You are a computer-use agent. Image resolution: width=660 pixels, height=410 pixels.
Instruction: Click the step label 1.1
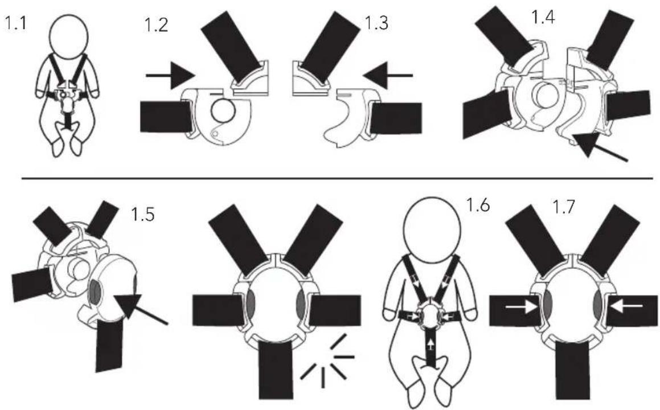(15, 23)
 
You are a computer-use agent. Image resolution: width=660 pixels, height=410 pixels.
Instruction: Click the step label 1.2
(156, 26)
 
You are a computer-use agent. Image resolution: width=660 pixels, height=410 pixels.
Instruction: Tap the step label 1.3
(376, 24)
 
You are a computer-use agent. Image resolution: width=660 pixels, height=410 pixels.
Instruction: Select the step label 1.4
(543, 18)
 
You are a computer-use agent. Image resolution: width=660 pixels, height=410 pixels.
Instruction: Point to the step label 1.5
(142, 215)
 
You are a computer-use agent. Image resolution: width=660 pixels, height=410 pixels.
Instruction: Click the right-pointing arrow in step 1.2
(170, 76)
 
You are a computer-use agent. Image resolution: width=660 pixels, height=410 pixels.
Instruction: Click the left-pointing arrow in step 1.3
(388, 76)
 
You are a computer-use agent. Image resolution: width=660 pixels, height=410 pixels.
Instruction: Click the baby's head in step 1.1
(68, 37)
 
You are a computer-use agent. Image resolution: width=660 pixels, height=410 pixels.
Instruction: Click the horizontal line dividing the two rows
(337, 178)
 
